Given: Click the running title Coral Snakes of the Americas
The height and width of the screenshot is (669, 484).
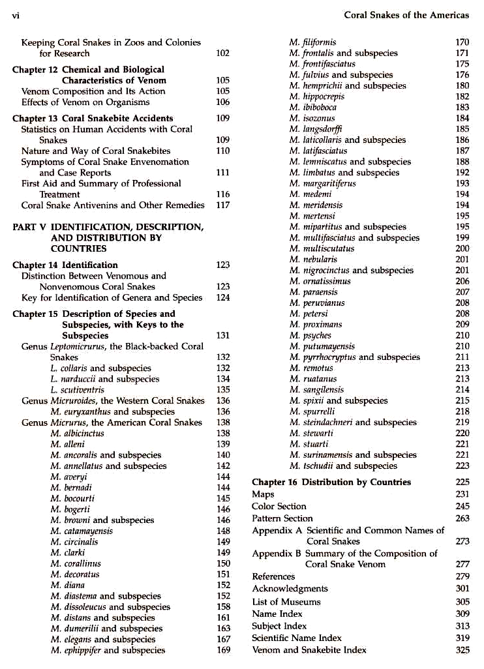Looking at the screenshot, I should [406, 14].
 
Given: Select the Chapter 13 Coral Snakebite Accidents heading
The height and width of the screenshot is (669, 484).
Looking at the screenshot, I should [93, 118].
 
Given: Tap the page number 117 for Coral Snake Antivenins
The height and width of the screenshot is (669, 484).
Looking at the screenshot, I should [222, 205].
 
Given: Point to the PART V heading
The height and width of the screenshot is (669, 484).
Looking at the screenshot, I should [108, 237].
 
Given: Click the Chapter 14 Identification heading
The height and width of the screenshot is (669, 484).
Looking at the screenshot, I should [65, 265].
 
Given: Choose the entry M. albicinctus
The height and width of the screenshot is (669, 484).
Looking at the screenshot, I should [77, 433].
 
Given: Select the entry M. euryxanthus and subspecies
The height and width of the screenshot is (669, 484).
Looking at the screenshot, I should [112, 411].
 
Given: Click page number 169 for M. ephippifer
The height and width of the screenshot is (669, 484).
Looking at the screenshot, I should [223, 650].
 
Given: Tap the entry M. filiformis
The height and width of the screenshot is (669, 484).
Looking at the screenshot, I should [312, 42].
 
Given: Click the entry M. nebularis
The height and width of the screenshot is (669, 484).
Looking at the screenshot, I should [312, 260].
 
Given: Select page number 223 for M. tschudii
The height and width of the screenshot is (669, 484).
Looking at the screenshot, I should [462, 466].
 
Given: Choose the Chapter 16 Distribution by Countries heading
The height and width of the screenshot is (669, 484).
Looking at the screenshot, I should [331, 482].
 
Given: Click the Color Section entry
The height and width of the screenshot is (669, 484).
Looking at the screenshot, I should [279, 506].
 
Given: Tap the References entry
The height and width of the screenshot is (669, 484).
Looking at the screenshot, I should [273, 576].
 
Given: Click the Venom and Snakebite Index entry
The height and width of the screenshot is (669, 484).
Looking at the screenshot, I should [309, 649].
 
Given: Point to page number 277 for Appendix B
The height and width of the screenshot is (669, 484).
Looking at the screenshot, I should [462, 564].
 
